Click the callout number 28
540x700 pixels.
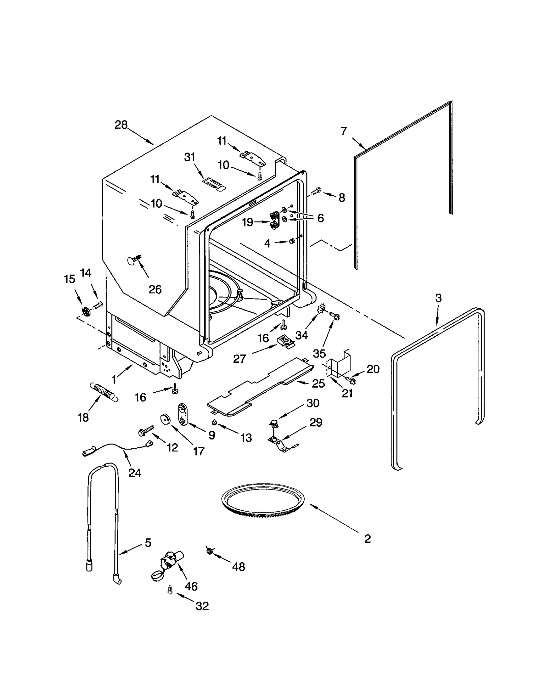121,125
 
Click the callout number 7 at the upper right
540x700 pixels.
344,131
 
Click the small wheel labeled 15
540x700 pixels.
87,311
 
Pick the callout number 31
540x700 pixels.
190,157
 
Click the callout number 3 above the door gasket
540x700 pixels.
438,298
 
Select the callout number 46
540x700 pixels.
191,586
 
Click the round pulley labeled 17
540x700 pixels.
165,419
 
